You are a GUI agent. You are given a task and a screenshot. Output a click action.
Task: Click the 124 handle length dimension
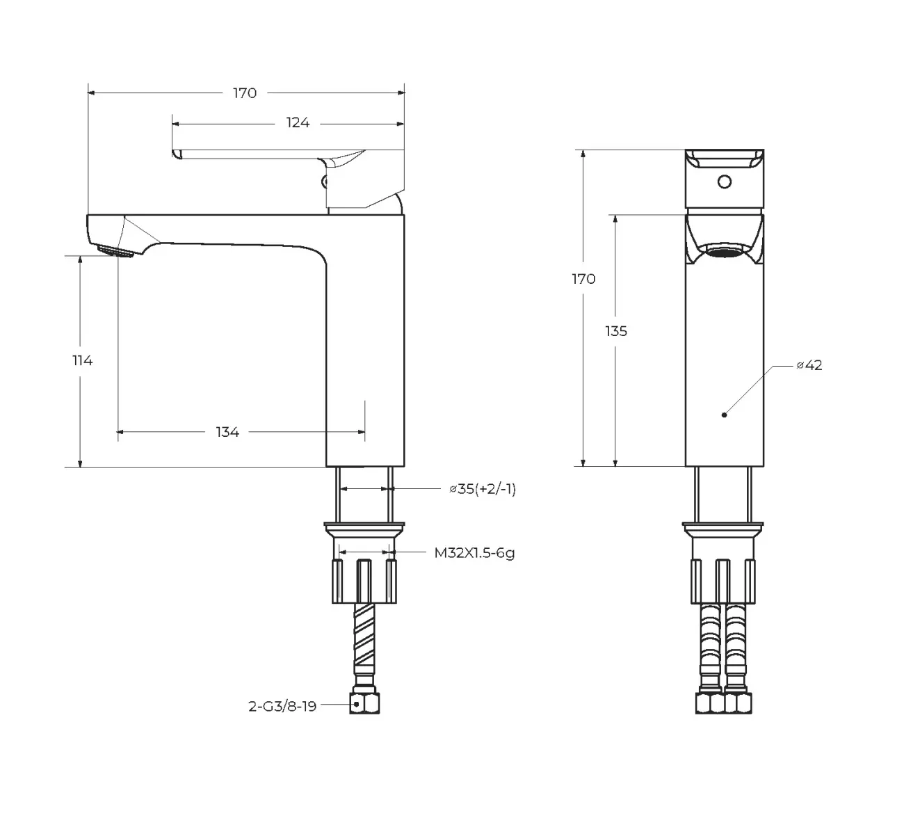298,123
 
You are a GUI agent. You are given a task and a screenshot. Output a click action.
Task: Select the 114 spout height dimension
82,360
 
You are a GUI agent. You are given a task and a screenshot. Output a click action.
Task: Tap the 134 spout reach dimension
227,432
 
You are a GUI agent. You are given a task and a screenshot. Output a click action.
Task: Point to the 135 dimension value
616,331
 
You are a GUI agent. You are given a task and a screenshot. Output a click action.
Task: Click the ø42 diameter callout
810,365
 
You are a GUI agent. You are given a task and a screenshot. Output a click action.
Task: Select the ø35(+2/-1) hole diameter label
483,489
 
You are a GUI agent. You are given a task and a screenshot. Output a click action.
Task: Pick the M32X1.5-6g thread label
475,553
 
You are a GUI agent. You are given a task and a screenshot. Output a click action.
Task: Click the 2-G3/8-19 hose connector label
282,706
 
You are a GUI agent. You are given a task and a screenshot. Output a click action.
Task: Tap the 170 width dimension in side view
244,93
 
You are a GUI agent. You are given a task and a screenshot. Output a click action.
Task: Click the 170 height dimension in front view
583,279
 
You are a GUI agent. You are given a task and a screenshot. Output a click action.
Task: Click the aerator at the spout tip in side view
115,251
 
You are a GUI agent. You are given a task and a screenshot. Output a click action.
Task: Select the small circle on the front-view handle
724,182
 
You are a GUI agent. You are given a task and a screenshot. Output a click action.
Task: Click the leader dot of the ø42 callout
724,415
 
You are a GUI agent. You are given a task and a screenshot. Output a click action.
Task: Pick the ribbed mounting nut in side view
365,580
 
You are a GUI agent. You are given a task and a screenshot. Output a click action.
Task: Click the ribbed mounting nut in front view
723,580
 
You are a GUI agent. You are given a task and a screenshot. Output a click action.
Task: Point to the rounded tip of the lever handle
176,153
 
